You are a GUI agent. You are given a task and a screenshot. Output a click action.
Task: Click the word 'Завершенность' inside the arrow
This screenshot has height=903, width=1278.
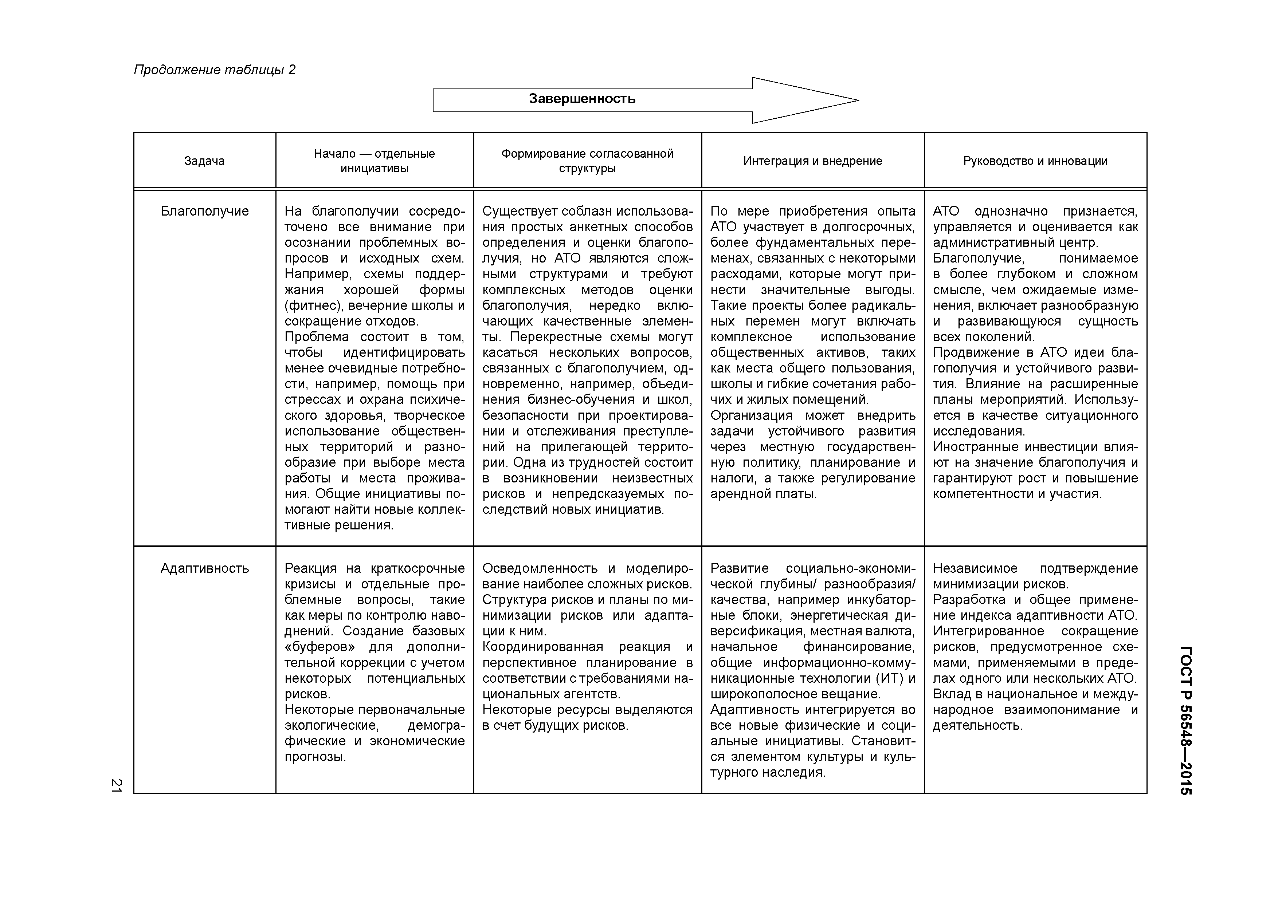tap(582, 99)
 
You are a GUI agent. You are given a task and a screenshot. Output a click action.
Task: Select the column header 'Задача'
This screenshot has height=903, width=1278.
tap(204, 161)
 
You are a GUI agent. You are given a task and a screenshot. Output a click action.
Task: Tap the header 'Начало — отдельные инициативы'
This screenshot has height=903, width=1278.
tap(374, 161)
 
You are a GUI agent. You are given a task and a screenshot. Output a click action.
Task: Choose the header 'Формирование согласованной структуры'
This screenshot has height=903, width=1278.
tap(587, 161)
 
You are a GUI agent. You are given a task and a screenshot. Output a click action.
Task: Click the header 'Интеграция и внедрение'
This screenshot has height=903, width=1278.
tap(813, 161)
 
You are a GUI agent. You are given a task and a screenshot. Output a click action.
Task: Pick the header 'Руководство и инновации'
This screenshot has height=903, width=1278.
tap(1035, 161)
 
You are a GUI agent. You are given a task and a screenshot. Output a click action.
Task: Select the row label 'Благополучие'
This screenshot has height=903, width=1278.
tap(204, 212)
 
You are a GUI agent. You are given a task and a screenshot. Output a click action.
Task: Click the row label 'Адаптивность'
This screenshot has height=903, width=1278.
tap(204, 569)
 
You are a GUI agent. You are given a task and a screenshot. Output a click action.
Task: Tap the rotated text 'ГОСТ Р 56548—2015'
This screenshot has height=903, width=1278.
tap(1185, 721)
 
